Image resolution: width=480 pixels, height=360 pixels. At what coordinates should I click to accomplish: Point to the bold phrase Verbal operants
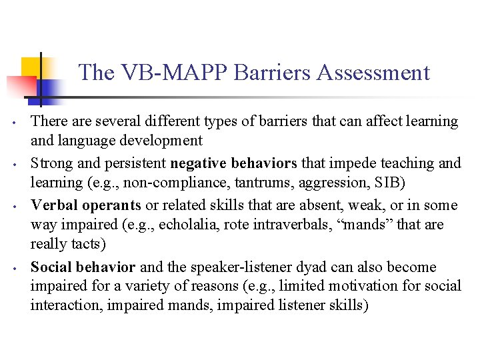tap(85, 205)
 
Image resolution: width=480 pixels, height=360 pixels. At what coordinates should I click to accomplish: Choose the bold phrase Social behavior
tap(83, 267)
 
